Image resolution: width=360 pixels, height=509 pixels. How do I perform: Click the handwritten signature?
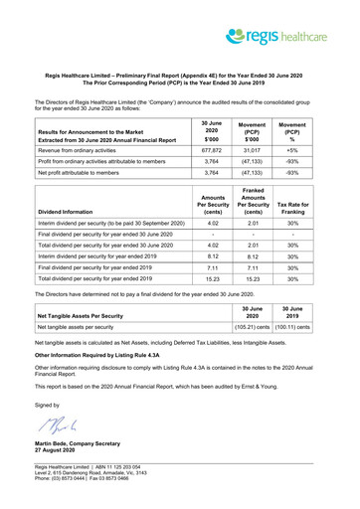tap(55, 427)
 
